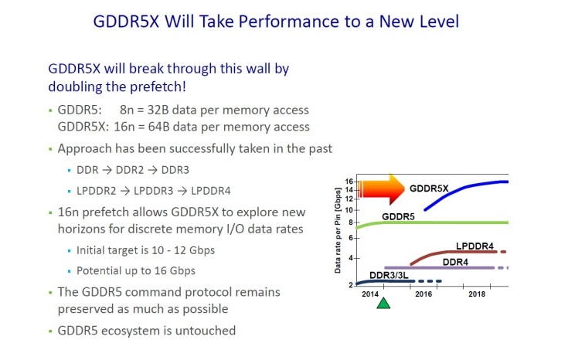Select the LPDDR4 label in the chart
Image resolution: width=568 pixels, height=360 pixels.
pos(474,246)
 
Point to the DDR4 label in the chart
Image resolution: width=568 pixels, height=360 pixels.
pos(457,261)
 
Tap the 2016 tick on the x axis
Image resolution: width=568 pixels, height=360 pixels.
pos(423,294)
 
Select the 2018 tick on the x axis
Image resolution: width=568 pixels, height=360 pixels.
pos(477,294)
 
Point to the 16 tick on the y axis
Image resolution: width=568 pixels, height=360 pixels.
pos(349,182)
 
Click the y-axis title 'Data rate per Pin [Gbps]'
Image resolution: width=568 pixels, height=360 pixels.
pos(338,233)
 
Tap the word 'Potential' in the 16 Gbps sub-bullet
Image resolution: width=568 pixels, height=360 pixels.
pos(102,271)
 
